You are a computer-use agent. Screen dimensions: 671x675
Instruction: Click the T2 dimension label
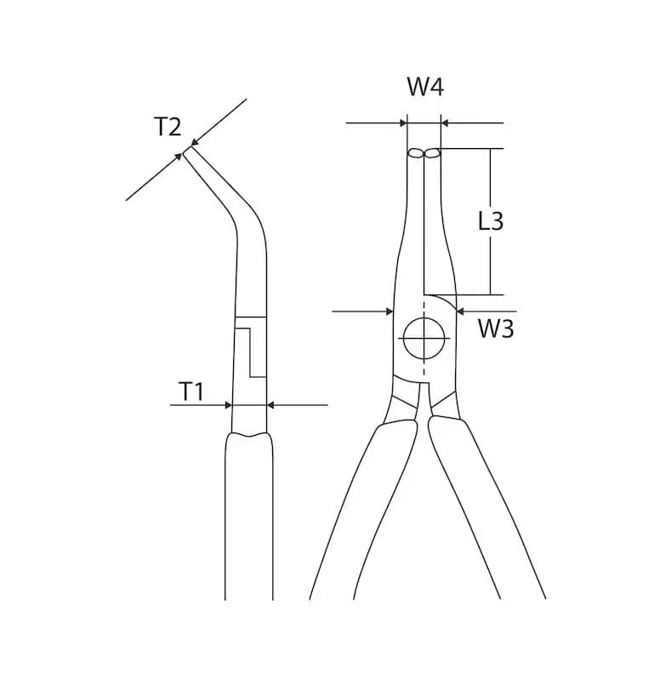point(168,127)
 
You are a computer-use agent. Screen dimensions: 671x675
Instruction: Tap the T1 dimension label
point(191,392)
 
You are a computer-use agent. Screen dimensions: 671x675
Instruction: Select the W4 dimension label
point(425,87)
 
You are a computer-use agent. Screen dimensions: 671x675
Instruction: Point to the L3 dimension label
point(491,221)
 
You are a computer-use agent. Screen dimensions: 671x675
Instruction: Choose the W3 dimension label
point(496,329)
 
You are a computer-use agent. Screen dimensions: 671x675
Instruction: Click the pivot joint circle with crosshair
point(424,339)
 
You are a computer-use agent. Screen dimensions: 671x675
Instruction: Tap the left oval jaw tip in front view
point(416,153)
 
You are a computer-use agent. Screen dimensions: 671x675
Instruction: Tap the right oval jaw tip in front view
point(432,153)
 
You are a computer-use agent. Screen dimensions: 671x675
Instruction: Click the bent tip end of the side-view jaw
point(188,151)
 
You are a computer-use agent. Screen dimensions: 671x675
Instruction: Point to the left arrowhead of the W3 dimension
point(390,312)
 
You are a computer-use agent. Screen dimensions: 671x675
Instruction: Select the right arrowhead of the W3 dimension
point(460,312)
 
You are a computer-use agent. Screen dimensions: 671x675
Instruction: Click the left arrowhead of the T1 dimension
point(229,405)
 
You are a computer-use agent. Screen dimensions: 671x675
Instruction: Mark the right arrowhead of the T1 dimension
point(270,405)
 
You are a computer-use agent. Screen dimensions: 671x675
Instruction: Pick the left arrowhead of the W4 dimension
point(403,123)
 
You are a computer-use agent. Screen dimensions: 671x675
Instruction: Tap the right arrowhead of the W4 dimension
point(445,123)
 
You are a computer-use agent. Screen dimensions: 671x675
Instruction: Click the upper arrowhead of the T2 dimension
point(195,141)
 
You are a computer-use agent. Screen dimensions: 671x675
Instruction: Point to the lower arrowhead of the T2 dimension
point(178,157)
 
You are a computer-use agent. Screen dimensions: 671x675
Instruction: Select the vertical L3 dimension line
point(491,221)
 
